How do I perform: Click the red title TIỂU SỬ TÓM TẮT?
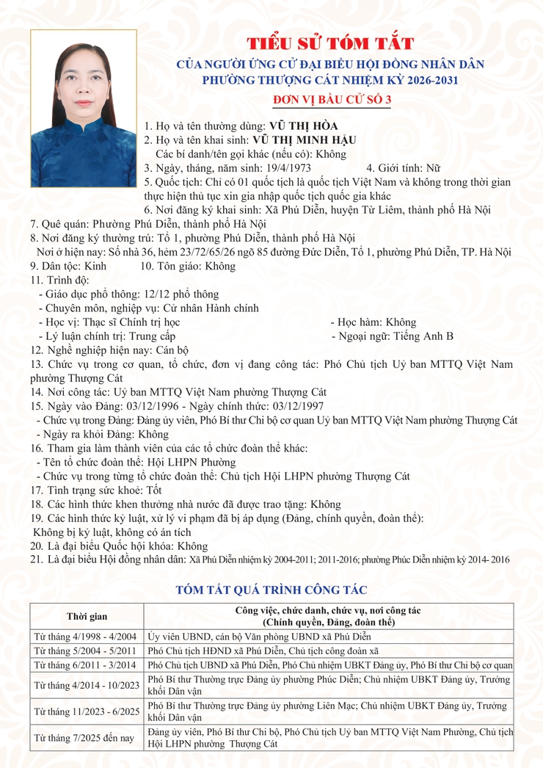tap(329, 43)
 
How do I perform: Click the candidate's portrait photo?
tap(83, 108)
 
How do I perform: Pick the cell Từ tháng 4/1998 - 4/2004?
tap(87, 636)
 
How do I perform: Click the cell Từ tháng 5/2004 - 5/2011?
tap(87, 650)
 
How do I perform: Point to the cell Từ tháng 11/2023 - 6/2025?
tap(87, 711)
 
